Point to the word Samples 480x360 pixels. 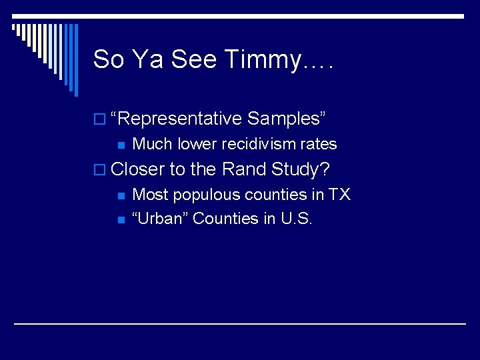pos(286,119)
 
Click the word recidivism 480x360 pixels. pos(254,144)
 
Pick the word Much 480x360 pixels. pos(152,144)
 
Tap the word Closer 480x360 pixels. pos(138,169)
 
